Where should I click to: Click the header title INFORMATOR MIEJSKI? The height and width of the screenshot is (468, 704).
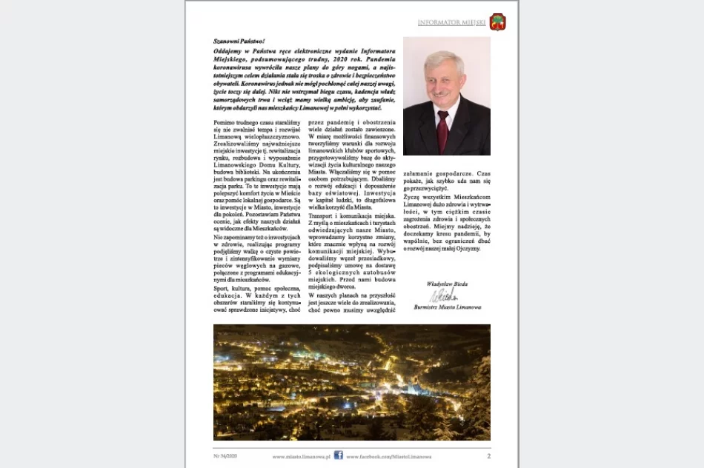pos(451,23)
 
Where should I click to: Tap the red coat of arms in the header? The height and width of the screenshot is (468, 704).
pos(497,22)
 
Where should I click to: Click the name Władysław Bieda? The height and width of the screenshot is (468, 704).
pos(447,284)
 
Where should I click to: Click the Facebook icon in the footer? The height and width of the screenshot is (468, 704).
pos(338,455)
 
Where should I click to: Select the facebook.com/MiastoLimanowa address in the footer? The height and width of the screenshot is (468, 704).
pos(388,457)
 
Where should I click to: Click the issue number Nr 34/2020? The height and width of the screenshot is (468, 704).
pos(225,456)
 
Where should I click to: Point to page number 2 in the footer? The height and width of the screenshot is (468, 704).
pos(488,455)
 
